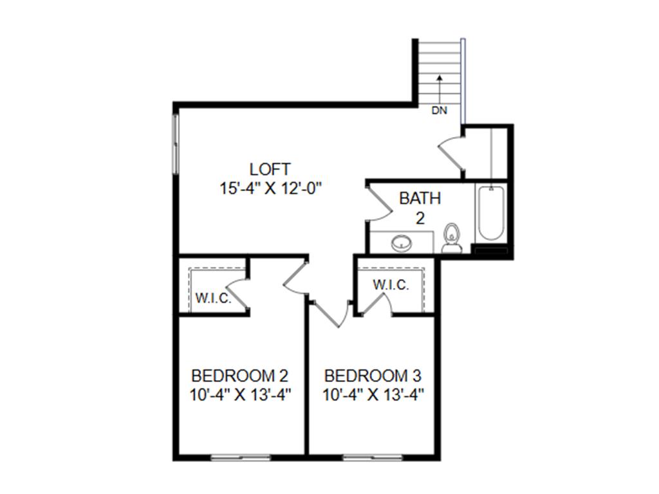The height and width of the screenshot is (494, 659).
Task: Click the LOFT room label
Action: pyautogui.click(x=270, y=169)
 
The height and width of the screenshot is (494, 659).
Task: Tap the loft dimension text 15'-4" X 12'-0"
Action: pyautogui.click(x=270, y=188)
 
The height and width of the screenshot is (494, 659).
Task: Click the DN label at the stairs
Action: pyautogui.click(x=439, y=111)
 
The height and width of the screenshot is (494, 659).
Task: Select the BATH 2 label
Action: pyautogui.click(x=420, y=208)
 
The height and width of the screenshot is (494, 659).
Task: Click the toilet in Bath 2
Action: pyautogui.click(x=452, y=238)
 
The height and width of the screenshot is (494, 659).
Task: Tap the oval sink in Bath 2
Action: pyautogui.click(x=402, y=243)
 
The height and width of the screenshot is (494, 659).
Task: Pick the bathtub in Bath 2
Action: pyautogui.click(x=490, y=214)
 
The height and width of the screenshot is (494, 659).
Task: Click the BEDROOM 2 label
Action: pyautogui.click(x=239, y=375)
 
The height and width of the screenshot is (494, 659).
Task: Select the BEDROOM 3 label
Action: pyautogui.click(x=373, y=375)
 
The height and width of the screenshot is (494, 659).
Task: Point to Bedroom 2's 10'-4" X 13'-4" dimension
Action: pyautogui.click(x=241, y=395)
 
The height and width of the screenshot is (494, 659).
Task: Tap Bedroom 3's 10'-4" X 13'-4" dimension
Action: pyautogui.click(x=373, y=395)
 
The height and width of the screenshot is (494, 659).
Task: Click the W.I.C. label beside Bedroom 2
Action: pyautogui.click(x=214, y=298)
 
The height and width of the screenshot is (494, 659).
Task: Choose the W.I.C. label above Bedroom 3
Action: pyautogui.click(x=391, y=285)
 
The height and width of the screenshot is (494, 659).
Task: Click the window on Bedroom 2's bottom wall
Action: pyautogui.click(x=241, y=457)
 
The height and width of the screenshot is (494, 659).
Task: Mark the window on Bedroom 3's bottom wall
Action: pyautogui.click(x=373, y=457)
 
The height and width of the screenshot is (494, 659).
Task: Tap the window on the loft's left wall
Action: pyautogui.click(x=176, y=143)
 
